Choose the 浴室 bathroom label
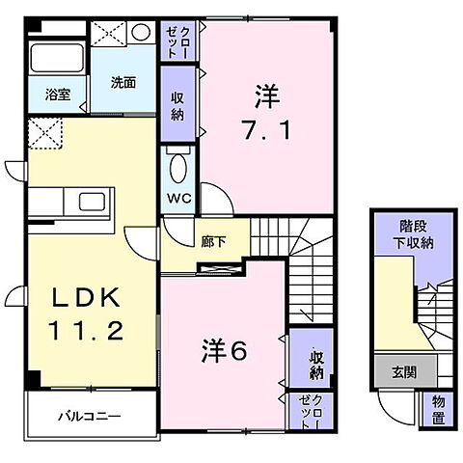pyautogui.click(x=58, y=95)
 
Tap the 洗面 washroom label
pyautogui.click(x=123, y=81)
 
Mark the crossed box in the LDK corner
pyautogui.click(x=43, y=132)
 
